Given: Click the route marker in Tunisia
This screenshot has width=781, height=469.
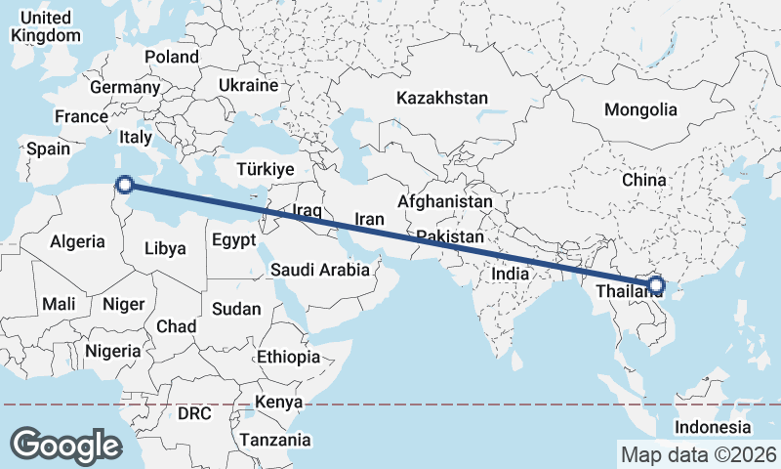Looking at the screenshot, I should pos(124,184).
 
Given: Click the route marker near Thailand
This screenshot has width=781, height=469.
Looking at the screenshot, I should pos(655,285).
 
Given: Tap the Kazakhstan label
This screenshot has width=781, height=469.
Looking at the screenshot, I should pos(441,98).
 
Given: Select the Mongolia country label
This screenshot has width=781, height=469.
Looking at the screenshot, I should pos(640,109).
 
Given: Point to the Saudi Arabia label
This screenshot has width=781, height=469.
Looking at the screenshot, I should pos(320,270).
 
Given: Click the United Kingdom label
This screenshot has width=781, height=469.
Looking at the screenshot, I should pos(45,26).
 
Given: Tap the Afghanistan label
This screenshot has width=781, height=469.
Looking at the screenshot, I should pos(445,201).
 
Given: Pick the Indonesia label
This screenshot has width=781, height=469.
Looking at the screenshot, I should pos(713,428).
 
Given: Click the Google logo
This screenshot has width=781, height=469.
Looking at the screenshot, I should pos(66,445).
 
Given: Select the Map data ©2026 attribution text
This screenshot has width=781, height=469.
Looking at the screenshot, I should pos(698,454).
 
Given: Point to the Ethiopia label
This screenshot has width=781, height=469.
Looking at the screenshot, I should pos(288,357).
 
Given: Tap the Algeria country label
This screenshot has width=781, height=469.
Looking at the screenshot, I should pos(77,241).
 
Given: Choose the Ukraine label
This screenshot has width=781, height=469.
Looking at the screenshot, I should pos(248,86).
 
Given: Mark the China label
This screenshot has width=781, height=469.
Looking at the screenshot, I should pos(643,180).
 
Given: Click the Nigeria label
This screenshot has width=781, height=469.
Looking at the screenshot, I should pos(113,351).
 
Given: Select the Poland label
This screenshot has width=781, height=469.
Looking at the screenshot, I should pos(172,57).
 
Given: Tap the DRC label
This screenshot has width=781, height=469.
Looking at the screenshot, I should pos(194,413).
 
